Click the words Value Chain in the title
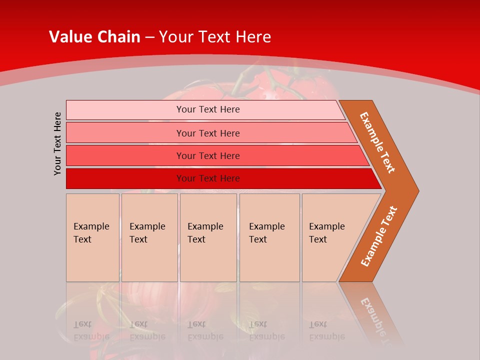tap(94, 36)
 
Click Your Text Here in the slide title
tap(215, 36)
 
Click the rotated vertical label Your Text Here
tap(57, 143)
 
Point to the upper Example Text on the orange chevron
tap(377, 142)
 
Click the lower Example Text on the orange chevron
tap(379, 236)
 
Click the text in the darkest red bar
tap(208, 178)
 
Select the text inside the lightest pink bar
tap(208, 109)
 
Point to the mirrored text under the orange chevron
tap(375, 315)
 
